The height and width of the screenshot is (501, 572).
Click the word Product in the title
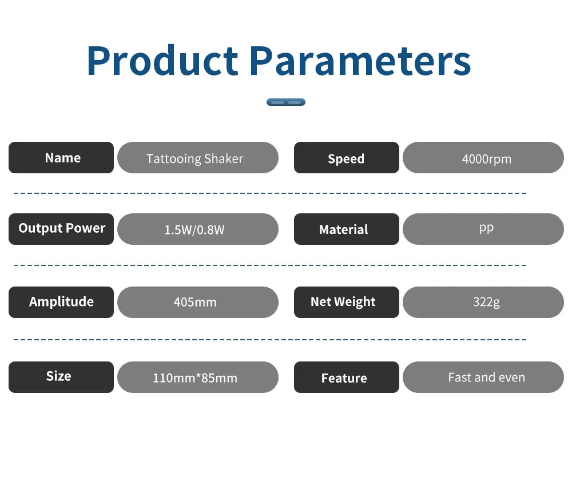162,61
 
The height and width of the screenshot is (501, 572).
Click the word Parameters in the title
360,61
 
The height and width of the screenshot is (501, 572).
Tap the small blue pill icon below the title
286,102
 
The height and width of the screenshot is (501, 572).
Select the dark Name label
61,157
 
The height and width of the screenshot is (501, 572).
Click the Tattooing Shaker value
198,157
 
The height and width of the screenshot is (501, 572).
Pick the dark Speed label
347,157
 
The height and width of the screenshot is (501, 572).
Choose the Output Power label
61,229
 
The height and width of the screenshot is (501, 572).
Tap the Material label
347,229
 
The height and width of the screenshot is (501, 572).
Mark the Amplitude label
61,303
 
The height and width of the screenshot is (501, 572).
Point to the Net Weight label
347,303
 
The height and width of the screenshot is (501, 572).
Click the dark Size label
61,377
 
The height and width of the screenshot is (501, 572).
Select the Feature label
347,377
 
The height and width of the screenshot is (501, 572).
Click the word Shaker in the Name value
224,158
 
